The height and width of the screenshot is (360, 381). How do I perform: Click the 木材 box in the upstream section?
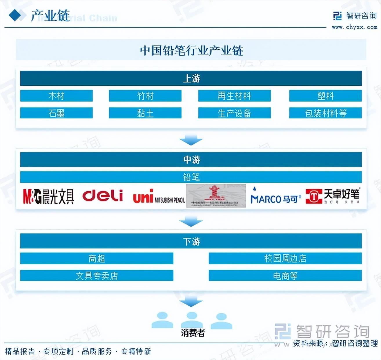pyautogui.click(x=56, y=96)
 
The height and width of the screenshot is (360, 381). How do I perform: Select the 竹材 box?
pyautogui.click(x=145, y=96)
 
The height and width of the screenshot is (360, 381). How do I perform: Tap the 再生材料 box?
pyautogui.click(x=234, y=96)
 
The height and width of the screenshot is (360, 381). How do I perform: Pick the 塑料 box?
pyautogui.click(x=325, y=96)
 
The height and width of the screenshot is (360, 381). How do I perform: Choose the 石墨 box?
pyautogui.click(x=56, y=113)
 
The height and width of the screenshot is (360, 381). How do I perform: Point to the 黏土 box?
pyautogui.click(x=145, y=113)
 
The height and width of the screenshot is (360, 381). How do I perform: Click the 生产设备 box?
pyautogui.click(x=234, y=113)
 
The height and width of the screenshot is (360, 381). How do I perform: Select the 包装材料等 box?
pyautogui.click(x=325, y=113)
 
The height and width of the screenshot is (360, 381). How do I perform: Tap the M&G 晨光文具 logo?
pyautogui.click(x=48, y=197)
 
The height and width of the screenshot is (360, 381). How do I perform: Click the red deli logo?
pyautogui.click(x=103, y=196)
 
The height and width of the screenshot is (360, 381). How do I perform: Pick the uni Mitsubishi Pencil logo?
pyautogui.click(x=159, y=197)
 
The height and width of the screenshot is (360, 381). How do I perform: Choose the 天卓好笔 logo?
pyautogui.click(x=333, y=196)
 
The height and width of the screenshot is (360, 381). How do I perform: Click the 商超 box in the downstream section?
pyautogui.click(x=97, y=258)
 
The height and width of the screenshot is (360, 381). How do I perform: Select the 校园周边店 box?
pyautogui.click(x=285, y=258)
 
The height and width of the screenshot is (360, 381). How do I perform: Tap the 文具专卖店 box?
pyautogui.click(x=97, y=276)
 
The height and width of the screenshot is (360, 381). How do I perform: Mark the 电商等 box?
pyautogui.click(x=285, y=276)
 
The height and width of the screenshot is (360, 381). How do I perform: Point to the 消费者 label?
pyautogui.click(x=193, y=333)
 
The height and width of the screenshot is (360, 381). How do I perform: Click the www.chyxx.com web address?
pyautogui.click(x=354, y=27)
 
